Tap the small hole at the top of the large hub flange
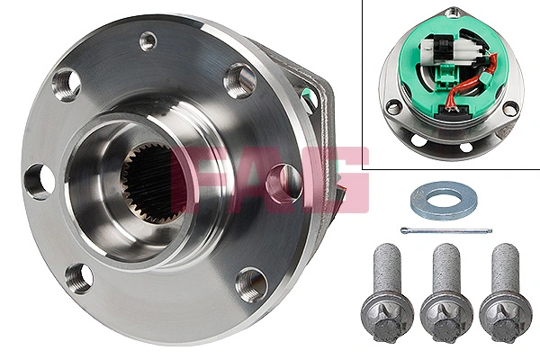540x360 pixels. point(148,40)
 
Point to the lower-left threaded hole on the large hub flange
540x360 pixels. point(79,276)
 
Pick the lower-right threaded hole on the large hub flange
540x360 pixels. point(250,283)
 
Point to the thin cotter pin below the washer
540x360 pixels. point(450,229)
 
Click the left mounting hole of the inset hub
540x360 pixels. point(392,107)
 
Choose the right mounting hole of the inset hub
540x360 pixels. point(509,107)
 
